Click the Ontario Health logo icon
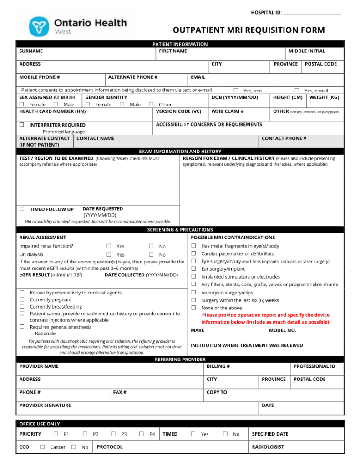point(39,26)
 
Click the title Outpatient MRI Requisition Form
point(248,30)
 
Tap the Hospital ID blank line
point(312,13)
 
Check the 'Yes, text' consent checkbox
point(236,91)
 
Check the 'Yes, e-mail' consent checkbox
point(297,91)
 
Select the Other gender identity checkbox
point(151,104)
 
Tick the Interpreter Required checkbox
point(22,125)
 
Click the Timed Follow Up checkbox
point(22,209)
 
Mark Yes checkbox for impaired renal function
point(109,246)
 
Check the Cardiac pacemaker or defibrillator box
point(193,254)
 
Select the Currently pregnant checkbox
point(22,300)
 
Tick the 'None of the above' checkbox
point(193,308)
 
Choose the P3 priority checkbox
point(113,434)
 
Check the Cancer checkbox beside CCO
point(42,447)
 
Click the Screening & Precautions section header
point(180,230)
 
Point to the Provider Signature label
point(45,405)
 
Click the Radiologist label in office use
point(268,447)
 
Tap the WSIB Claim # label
point(228,111)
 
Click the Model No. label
point(282,330)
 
